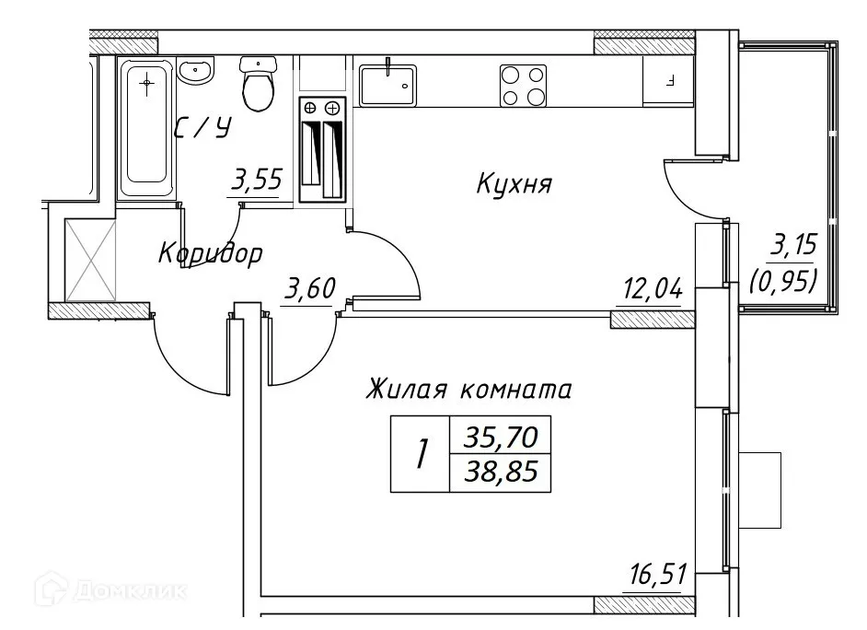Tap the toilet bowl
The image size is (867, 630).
tap(257, 86)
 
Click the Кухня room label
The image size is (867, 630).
tap(514, 184)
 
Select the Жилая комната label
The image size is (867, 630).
tap(468, 390)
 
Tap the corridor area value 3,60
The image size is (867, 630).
tap(307, 291)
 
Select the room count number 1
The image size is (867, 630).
tap(421, 455)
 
